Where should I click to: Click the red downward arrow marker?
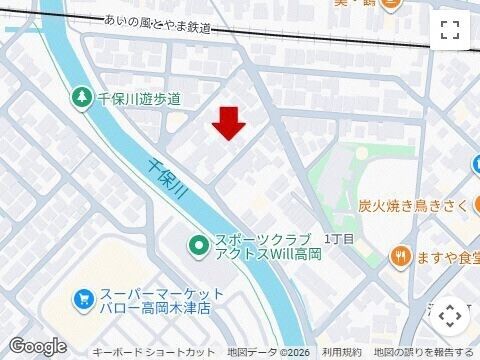[230, 123]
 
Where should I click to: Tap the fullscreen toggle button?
[450, 30]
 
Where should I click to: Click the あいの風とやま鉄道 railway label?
[159, 24]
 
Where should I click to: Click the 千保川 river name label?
[168, 180]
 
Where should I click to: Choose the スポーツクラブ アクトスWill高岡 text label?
[257, 247]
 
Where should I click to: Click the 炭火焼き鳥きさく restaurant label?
[414, 206]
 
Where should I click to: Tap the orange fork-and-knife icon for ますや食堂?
[402, 256]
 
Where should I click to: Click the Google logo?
[37, 345]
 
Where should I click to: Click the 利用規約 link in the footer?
[341, 353]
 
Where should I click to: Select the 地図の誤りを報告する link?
[424, 353]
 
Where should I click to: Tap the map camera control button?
[450, 315]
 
